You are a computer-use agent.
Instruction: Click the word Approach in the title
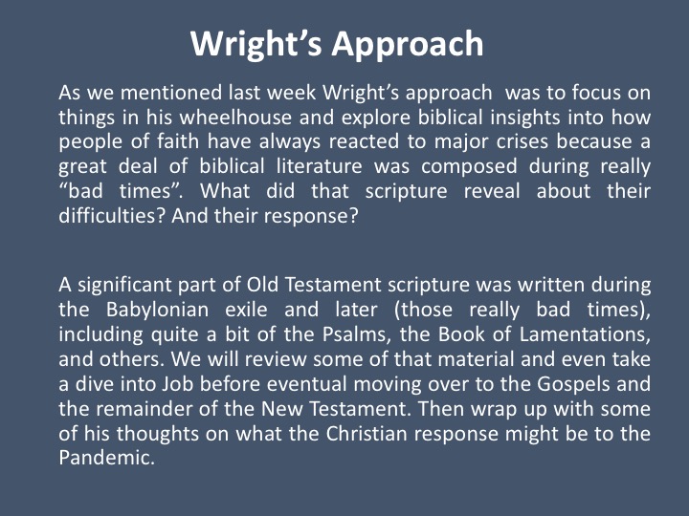tap(408, 45)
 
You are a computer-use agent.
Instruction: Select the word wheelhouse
tap(235, 118)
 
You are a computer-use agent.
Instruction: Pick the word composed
tap(469, 167)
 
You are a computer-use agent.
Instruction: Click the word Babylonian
tap(157, 311)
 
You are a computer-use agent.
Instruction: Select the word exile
tap(246, 310)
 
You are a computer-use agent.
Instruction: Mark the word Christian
tap(367, 434)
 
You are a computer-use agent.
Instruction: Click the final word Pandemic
tap(106, 458)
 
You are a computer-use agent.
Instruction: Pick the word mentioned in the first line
tap(171, 93)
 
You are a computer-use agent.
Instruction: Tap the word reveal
tap(492, 191)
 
